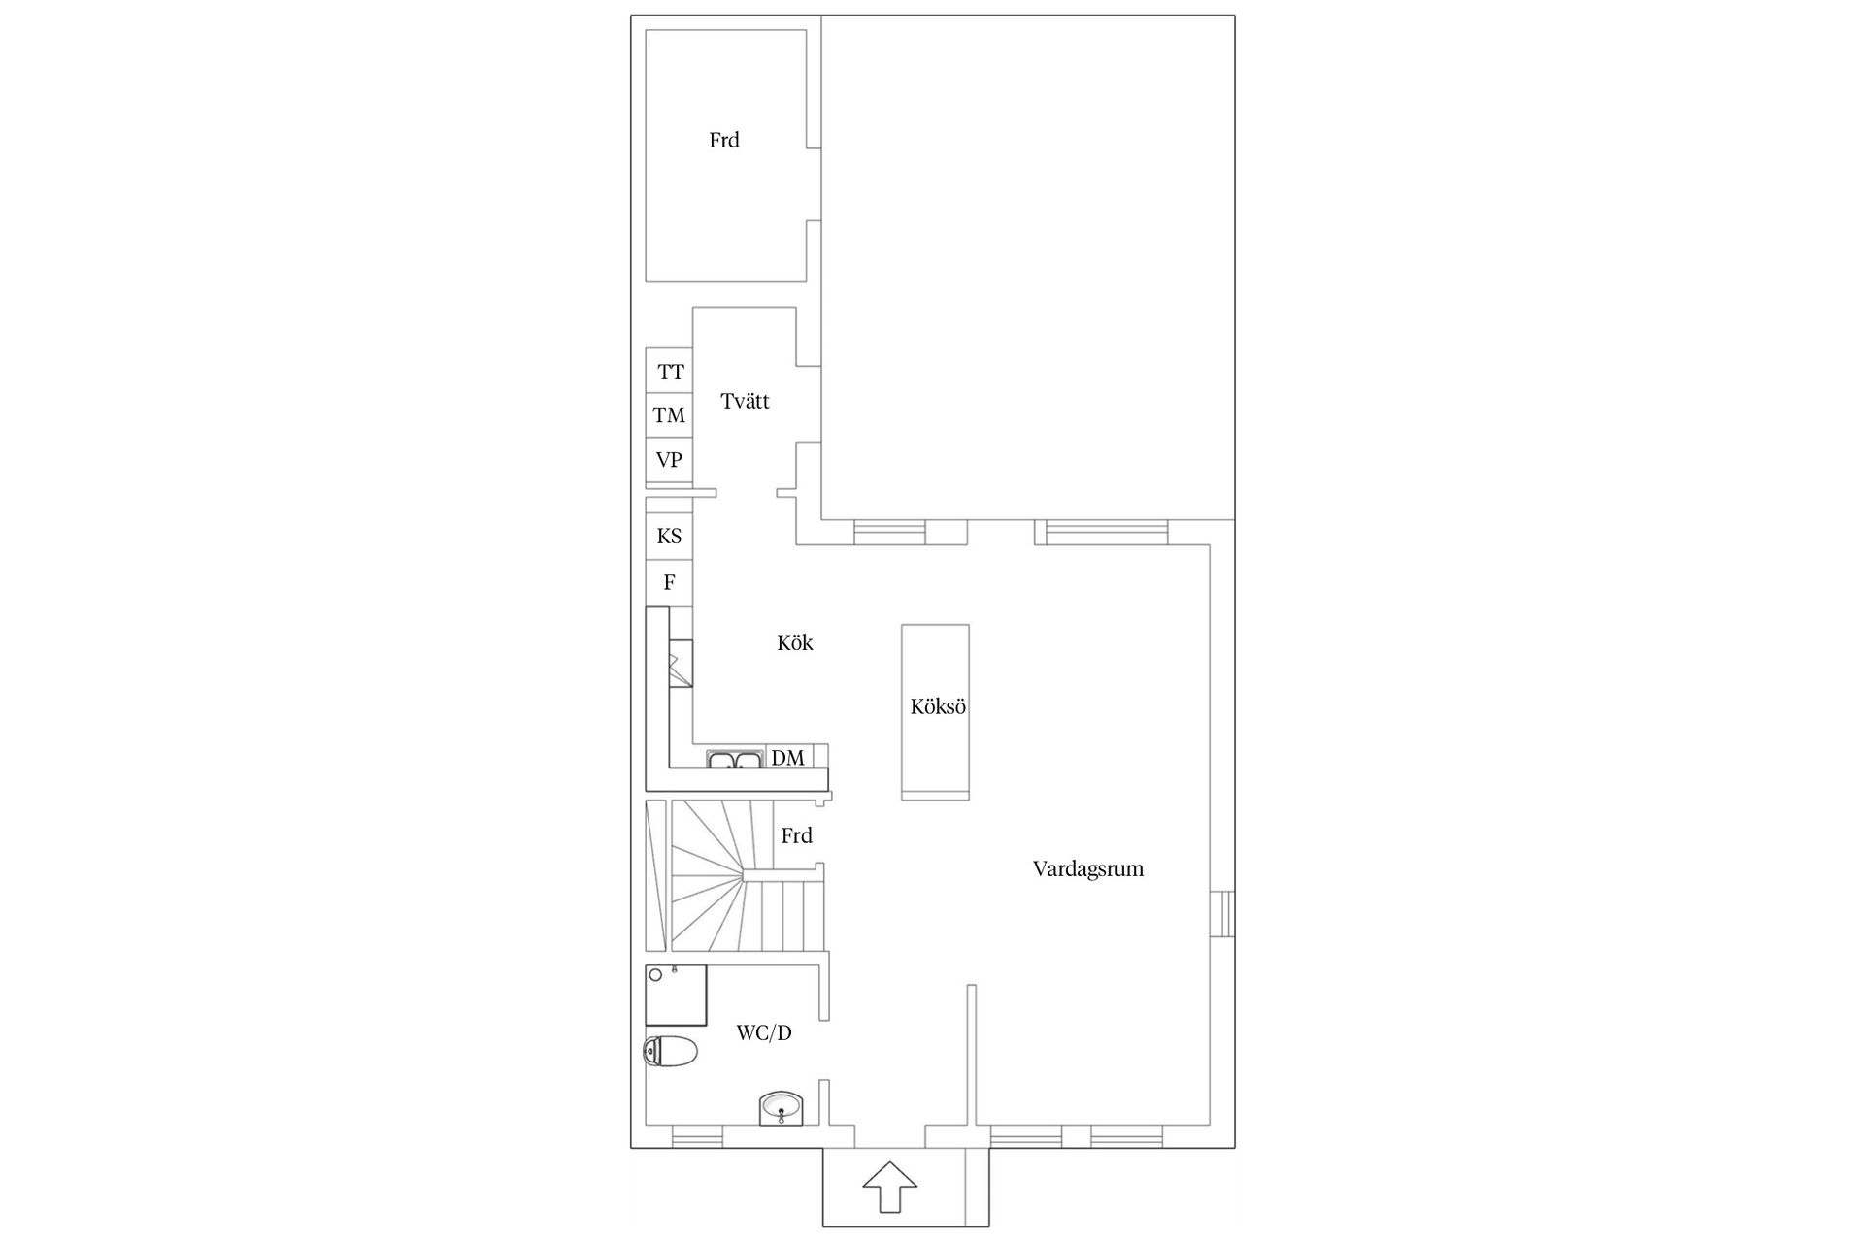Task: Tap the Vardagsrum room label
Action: coord(1088,868)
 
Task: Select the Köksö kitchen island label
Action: coord(938,706)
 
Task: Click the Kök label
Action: coord(795,642)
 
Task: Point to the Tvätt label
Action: coord(746,401)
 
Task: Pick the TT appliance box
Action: coord(669,371)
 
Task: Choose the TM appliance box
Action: coord(669,415)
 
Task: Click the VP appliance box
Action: coord(669,460)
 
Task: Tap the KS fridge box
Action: coord(669,537)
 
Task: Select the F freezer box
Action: coord(669,583)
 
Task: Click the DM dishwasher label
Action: coord(787,758)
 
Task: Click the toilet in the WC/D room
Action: coord(671,1051)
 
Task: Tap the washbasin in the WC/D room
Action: coord(781,1107)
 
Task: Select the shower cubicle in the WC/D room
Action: coord(677,995)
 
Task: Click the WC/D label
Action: coord(764,1033)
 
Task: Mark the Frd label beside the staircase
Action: coord(797,835)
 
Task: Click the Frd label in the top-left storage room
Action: coord(724,141)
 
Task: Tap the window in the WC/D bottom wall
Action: coord(697,1136)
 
